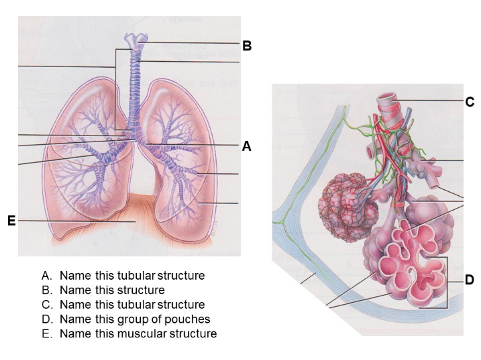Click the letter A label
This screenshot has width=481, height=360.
coord(246,147)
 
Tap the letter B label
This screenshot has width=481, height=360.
coord(246,46)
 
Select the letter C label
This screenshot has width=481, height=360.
coord(469,102)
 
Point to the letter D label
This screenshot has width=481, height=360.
coord(469,280)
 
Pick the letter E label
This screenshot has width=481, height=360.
coord(11,221)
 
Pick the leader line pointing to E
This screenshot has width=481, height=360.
coord(73,221)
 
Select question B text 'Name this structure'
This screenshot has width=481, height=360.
coord(112,290)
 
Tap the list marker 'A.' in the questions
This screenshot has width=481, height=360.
coord(47,275)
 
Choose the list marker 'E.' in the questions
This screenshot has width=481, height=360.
coord(47,333)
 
